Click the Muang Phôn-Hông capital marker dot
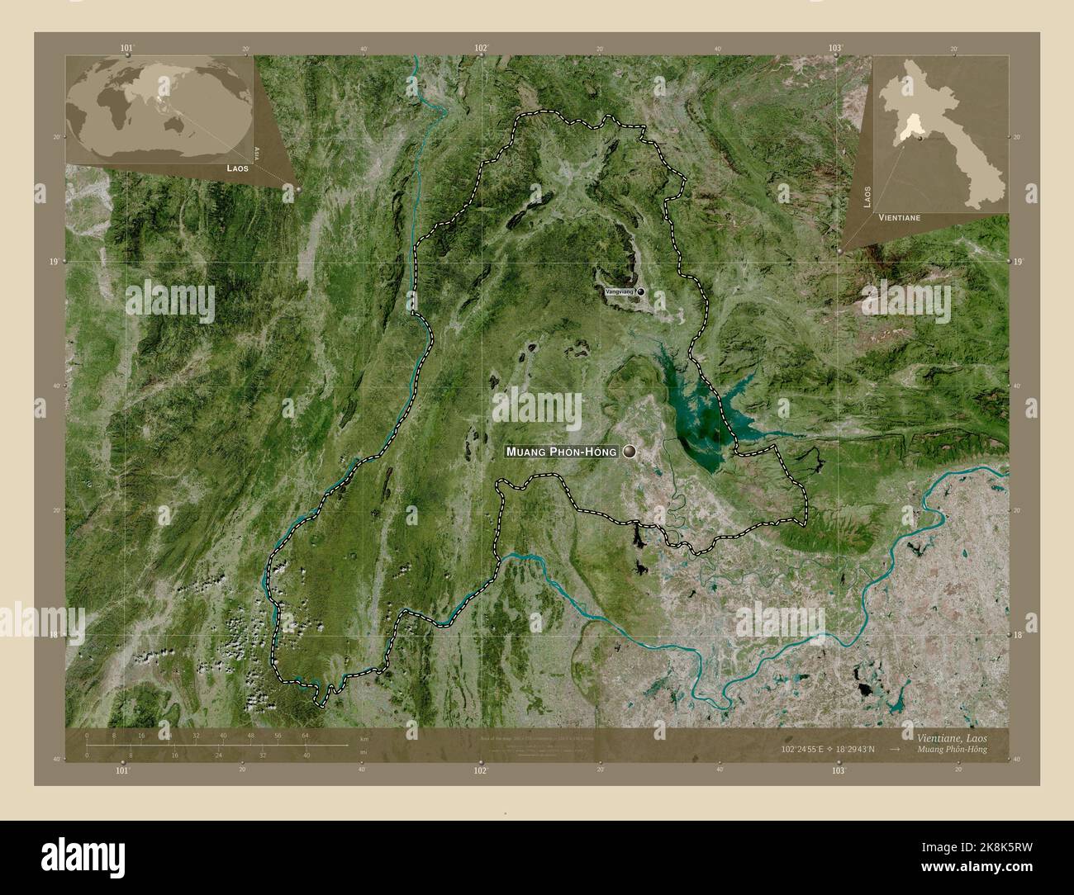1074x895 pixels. tap(631, 452)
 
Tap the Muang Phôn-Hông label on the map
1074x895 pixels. tap(561, 452)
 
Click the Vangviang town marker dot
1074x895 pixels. tap(640, 292)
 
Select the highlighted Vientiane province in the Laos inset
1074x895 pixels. tap(912, 127)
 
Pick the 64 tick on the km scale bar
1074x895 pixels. tap(305, 735)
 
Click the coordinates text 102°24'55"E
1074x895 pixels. tap(807, 748)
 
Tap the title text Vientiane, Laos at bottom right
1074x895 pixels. tap(950, 735)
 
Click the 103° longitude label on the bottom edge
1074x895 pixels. tap(839, 771)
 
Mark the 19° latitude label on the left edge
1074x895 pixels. tap(54, 262)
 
